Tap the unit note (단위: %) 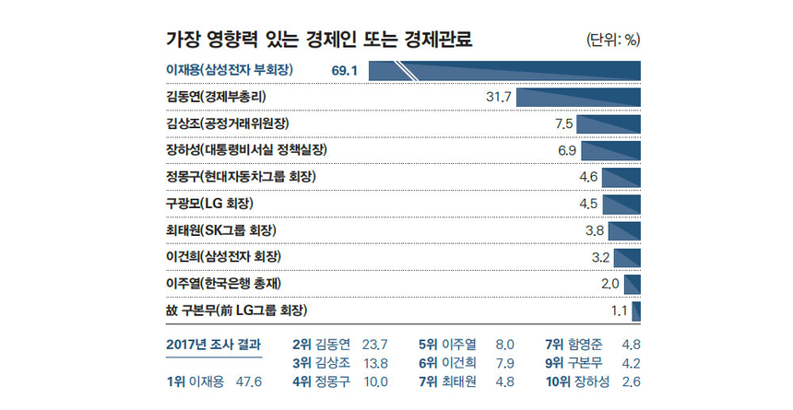click(x=612, y=39)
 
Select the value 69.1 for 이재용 click(x=344, y=70)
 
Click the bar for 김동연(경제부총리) click(x=578, y=96)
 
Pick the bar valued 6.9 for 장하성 click(x=610, y=149)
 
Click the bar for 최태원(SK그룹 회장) click(x=623, y=229)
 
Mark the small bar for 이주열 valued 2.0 click(x=633, y=283)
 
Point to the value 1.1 click(x=619, y=310)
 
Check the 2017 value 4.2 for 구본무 click(x=632, y=363)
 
